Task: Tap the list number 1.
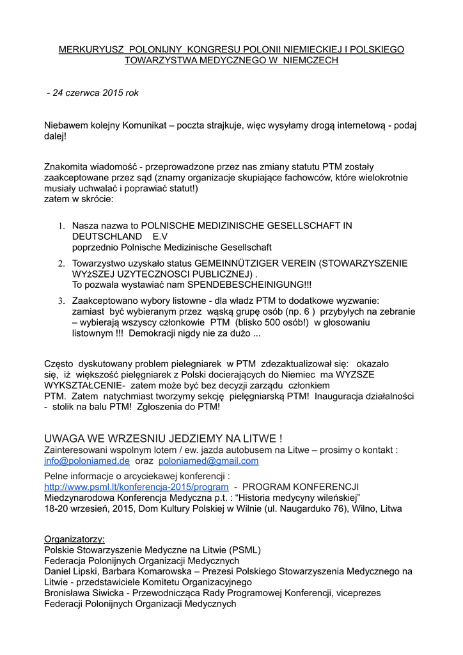point(62,226)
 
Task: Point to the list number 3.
point(62,301)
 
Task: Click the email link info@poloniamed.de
point(87,461)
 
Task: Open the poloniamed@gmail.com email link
point(208,461)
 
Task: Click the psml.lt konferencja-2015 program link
point(136,487)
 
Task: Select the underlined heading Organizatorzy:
point(74,539)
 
